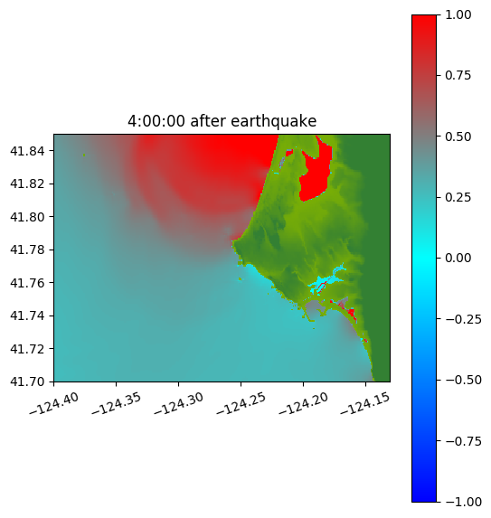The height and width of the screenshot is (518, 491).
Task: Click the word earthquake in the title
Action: [274, 121]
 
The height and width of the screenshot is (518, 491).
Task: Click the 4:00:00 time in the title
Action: [156, 121]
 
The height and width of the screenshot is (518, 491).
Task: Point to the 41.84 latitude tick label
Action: [27, 151]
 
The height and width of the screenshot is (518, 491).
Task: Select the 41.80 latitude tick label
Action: [27, 217]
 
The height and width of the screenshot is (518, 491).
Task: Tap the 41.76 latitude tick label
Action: [27, 283]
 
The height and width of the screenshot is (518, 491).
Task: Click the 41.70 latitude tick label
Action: [27, 381]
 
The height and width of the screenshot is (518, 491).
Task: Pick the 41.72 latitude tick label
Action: [27, 349]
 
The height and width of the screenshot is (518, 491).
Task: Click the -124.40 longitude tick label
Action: [54, 403]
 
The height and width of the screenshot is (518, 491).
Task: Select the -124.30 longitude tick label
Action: [178, 403]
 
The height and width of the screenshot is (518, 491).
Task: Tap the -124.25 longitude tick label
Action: [241, 403]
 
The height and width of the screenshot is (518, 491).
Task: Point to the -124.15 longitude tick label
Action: [365, 403]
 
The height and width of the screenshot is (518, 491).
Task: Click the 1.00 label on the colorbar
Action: [458, 14]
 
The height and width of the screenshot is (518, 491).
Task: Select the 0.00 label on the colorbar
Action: [458, 258]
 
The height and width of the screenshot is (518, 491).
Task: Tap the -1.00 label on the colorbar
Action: [463, 502]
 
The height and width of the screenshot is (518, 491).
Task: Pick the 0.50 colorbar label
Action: [458, 137]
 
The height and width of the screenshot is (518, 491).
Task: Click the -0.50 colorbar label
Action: [463, 380]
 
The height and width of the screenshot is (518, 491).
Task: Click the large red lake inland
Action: [316, 175]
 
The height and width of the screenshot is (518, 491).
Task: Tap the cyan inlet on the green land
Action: [326, 281]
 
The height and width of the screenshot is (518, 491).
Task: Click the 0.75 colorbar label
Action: [458, 76]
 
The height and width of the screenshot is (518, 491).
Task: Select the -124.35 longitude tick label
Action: [116, 403]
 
